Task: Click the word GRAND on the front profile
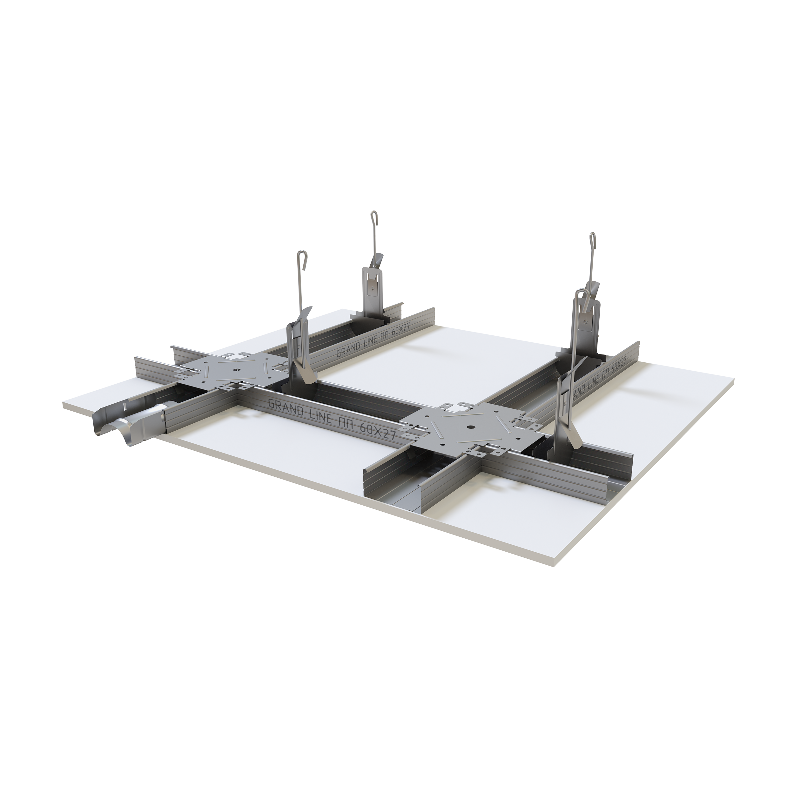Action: [285, 407]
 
